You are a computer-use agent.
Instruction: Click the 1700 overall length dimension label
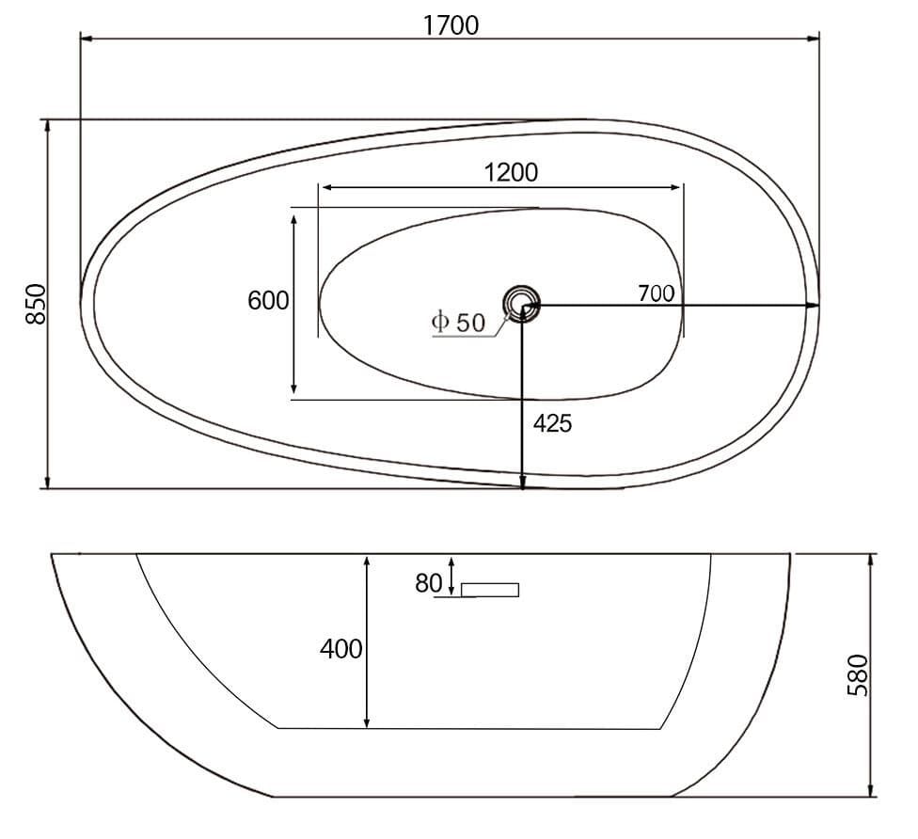[x=451, y=24]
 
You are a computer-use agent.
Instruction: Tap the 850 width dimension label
[x=36, y=303]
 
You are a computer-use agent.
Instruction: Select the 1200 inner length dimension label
[x=511, y=172]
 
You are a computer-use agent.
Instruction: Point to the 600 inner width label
[x=268, y=300]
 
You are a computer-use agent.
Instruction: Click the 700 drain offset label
[x=656, y=293]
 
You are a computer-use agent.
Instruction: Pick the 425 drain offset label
[x=552, y=422]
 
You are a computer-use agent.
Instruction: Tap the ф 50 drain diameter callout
[x=458, y=322]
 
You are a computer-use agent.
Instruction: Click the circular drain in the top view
[x=520, y=304]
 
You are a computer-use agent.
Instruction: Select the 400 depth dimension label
[x=340, y=649]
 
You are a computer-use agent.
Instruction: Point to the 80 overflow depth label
[x=429, y=583]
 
